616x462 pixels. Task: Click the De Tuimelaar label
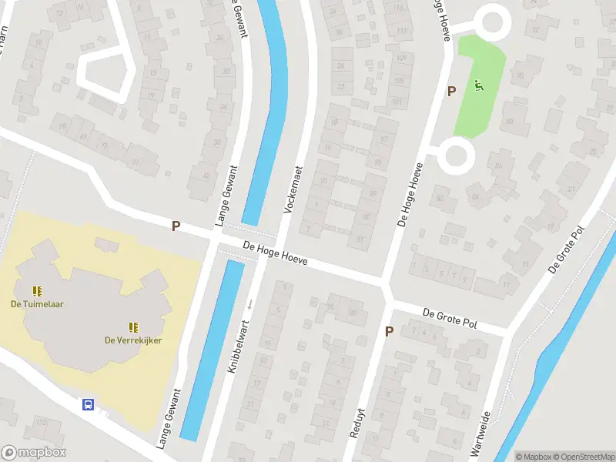[37, 303]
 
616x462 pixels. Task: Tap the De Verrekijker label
[133, 341]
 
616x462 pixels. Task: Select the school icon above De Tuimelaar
[36, 290]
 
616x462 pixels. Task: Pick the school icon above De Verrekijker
[132, 327]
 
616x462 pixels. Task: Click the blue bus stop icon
[88, 404]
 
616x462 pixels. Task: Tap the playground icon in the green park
[478, 85]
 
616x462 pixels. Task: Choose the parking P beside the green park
[451, 91]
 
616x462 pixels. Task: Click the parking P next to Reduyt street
[389, 332]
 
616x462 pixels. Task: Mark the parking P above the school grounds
[176, 226]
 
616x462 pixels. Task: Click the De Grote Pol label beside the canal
[566, 252]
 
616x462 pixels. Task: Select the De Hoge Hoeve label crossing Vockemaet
[275, 253]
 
